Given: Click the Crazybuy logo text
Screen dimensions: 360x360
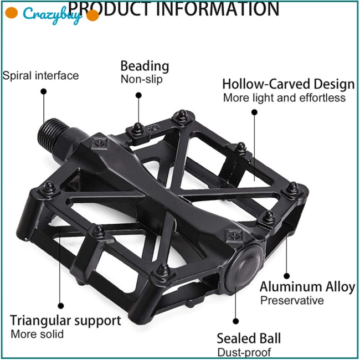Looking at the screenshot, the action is click(x=52, y=15).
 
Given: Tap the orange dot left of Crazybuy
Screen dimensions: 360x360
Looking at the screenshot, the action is click(x=11, y=13).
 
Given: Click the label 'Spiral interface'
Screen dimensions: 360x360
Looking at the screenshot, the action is click(x=40, y=76).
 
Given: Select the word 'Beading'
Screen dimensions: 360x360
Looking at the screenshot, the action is click(x=145, y=66).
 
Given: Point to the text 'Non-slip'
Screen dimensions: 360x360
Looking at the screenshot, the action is click(x=142, y=79).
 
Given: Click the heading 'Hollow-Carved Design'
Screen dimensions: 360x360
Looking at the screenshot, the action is click(x=289, y=84).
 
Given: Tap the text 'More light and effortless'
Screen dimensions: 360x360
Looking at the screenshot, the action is click(x=284, y=98).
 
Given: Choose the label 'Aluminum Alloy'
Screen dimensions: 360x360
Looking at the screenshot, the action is click(x=307, y=287).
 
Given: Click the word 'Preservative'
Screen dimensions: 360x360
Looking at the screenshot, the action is click(x=292, y=301).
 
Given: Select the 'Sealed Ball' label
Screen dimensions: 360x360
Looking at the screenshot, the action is click(x=249, y=338).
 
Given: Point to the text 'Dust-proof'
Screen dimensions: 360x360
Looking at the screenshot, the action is click(x=244, y=352).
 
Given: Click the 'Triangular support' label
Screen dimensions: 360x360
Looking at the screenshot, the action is click(x=65, y=321).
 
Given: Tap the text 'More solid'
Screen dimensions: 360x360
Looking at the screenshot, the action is click(x=37, y=335).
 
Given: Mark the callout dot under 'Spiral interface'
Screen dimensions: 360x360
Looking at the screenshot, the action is click(x=44, y=91).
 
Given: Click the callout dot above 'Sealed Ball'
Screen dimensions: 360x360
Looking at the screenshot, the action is click(x=236, y=321).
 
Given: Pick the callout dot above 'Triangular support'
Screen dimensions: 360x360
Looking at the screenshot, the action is click(x=61, y=306).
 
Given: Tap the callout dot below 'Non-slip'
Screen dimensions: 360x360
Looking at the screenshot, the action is click(x=138, y=95).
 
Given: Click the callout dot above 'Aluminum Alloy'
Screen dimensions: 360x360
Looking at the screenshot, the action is click(x=286, y=276).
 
